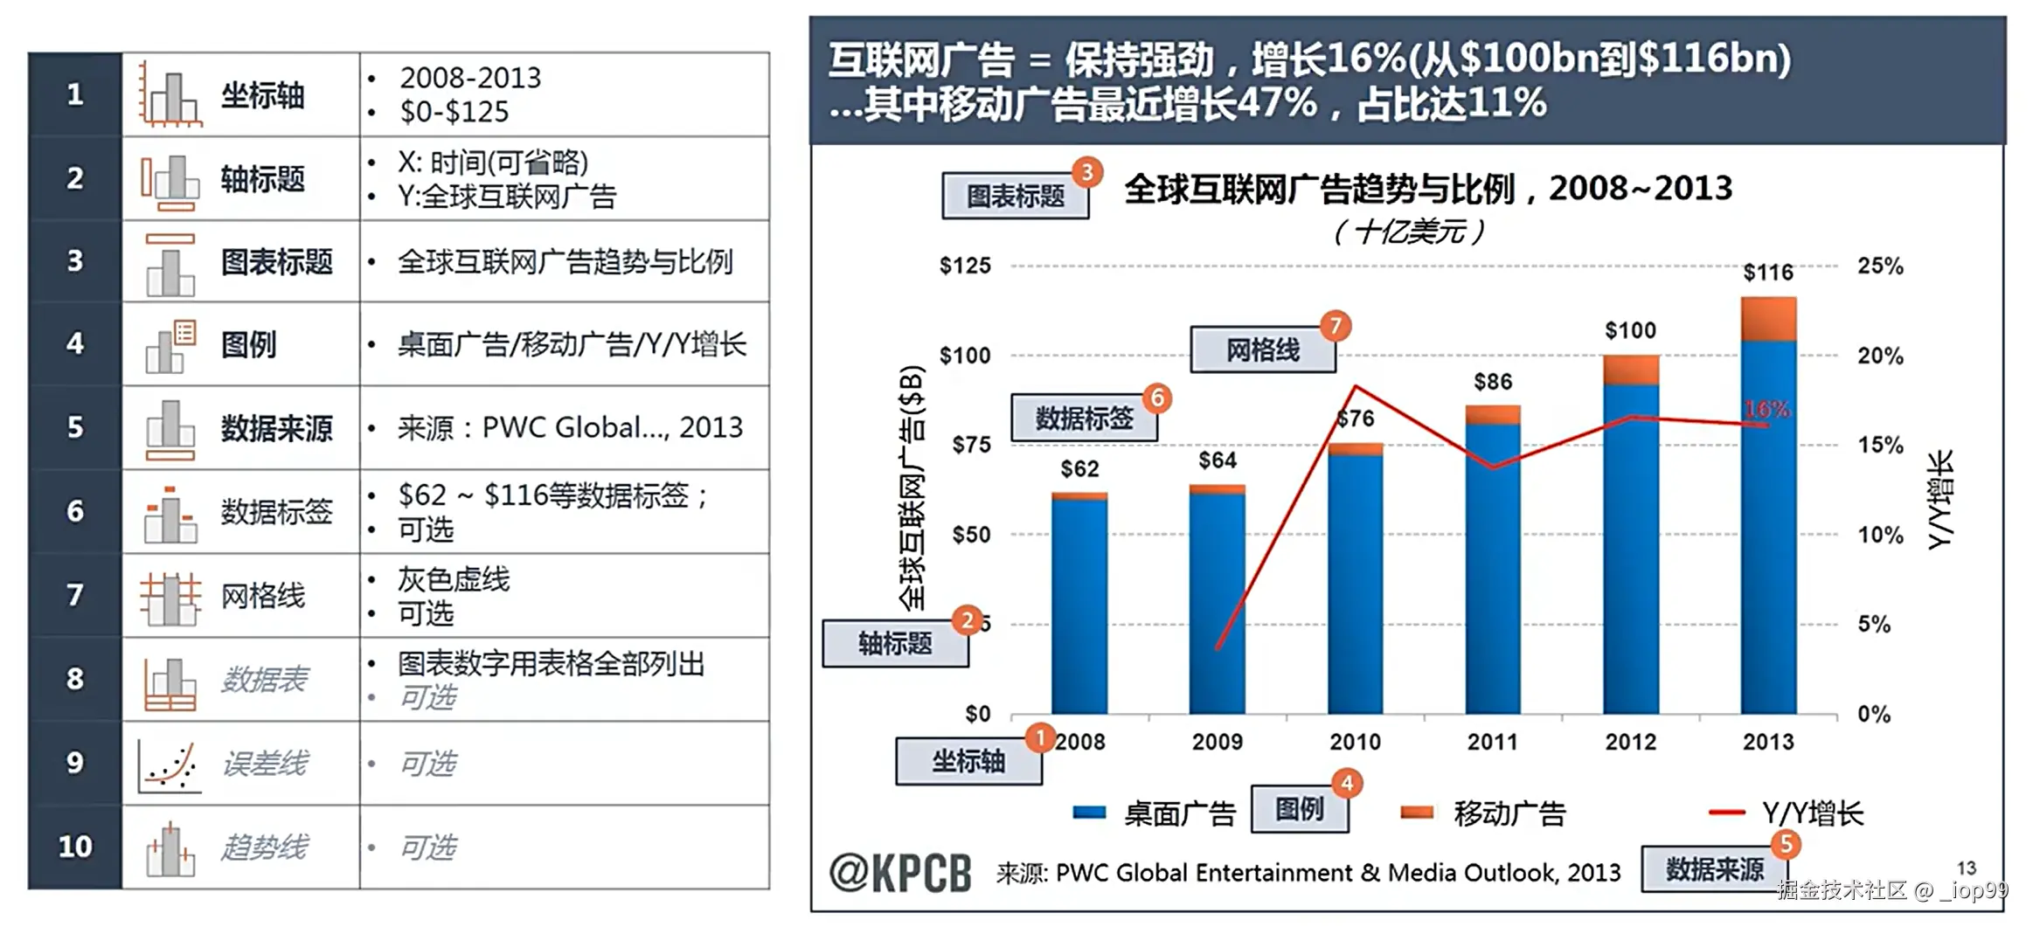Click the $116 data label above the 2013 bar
click(x=1767, y=273)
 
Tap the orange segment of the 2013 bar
click(x=1768, y=319)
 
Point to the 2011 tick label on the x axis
click(x=1492, y=742)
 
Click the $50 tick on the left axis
click(x=971, y=534)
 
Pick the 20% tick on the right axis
click(x=1880, y=356)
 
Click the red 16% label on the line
click(x=1766, y=409)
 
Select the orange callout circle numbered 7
click(x=1336, y=326)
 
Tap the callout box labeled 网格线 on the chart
click(x=1262, y=350)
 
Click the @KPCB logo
click(x=900, y=872)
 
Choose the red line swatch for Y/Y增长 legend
click(x=1726, y=813)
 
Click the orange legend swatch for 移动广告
click(x=1416, y=813)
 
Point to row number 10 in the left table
click(x=75, y=846)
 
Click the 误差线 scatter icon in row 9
click(x=170, y=764)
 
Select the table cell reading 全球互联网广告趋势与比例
click(x=565, y=261)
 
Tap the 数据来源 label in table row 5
click(x=276, y=428)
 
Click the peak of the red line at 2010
click(x=1356, y=386)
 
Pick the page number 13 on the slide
click(x=1966, y=868)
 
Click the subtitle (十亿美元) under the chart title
click(x=1409, y=232)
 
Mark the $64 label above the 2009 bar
click(x=1217, y=460)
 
